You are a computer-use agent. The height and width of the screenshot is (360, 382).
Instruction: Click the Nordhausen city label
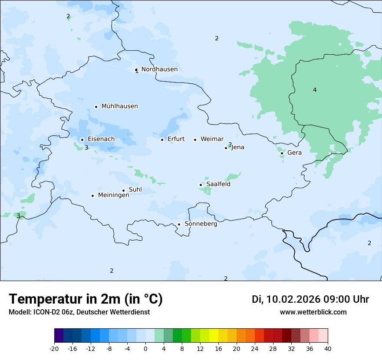pos(159,69)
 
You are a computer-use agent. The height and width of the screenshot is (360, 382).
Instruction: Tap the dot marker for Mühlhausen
pos(96,107)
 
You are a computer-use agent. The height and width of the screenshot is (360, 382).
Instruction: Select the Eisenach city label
pos(101,139)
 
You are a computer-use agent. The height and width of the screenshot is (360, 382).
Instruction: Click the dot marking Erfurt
pos(162,140)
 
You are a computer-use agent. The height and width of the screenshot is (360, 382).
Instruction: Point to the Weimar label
pos(212,139)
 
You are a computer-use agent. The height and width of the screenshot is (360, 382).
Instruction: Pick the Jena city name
pos(238,147)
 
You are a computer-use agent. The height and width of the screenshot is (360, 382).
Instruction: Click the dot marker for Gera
pos(282,153)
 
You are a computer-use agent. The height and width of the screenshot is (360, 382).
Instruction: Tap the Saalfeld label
pos(218,184)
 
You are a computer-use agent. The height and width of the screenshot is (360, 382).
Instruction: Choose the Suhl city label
pos(135,190)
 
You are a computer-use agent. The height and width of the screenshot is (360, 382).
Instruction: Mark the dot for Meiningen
pos(92,196)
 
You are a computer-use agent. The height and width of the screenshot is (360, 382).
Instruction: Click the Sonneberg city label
pos(201,224)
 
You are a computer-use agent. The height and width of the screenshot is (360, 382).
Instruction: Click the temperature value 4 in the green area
pos(315,90)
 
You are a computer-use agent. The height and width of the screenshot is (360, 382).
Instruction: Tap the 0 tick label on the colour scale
pos(145,349)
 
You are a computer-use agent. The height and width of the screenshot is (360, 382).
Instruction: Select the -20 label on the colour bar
pos(54,349)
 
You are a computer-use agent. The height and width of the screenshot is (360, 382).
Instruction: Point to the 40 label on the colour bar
pos(327,349)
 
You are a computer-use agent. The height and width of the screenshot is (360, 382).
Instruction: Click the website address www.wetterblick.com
pos(313,312)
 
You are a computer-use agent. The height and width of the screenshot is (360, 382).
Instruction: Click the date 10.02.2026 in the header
pos(293,299)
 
